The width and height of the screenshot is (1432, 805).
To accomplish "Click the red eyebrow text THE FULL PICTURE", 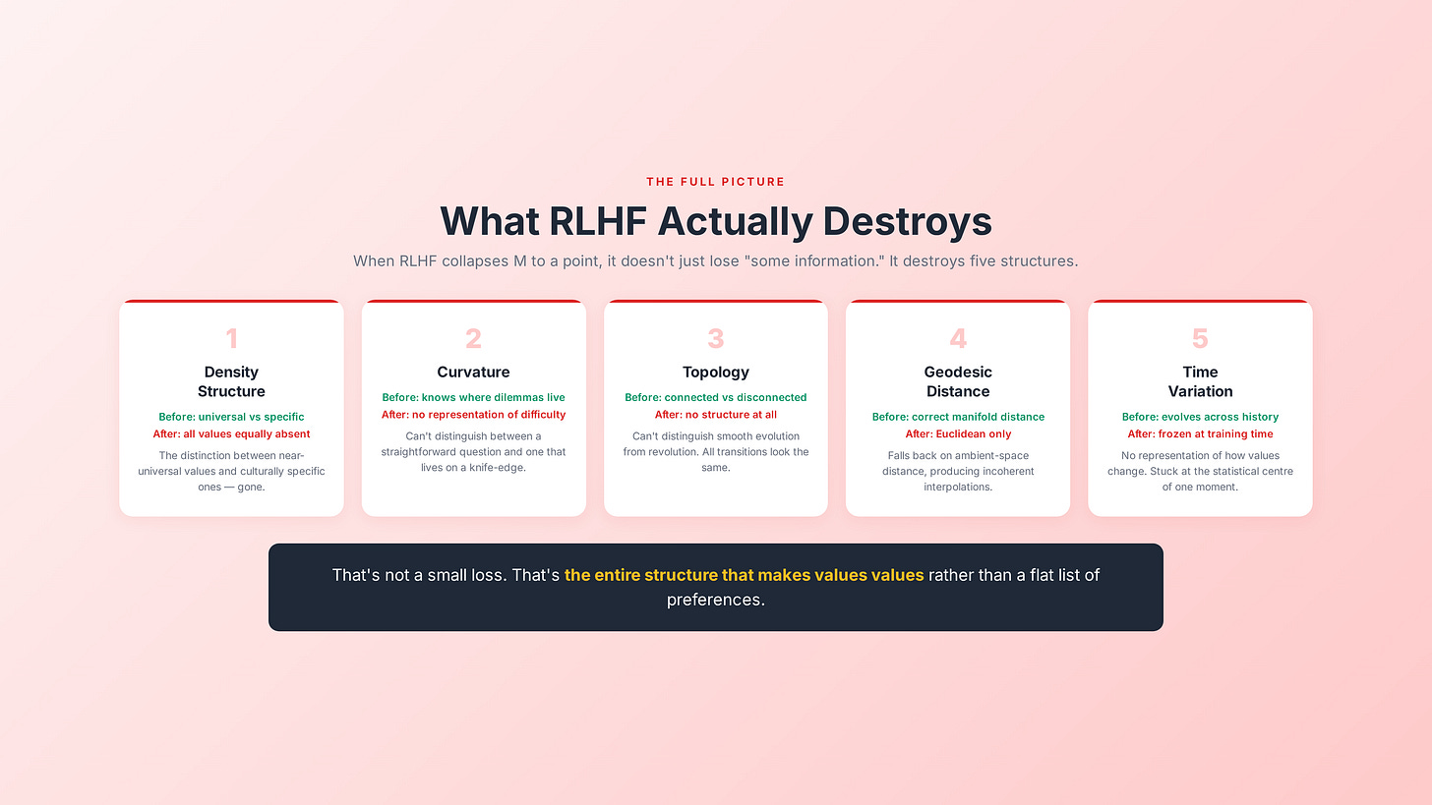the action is pyautogui.click(x=715, y=182).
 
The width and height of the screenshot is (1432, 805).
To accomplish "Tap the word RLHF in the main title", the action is pyautogui.click(x=597, y=221).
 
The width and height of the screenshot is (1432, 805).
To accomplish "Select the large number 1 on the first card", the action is pyautogui.click(x=231, y=339).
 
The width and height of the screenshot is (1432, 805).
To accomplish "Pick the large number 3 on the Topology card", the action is pyautogui.click(x=715, y=339).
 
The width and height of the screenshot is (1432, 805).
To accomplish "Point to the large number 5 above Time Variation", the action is pyautogui.click(x=1200, y=339).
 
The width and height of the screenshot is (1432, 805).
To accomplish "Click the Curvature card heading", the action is pyautogui.click(x=473, y=372).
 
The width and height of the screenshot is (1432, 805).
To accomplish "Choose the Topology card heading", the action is pyautogui.click(x=715, y=372).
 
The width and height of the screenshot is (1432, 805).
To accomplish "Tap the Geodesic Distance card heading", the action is pyautogui.click(x=958, y=381).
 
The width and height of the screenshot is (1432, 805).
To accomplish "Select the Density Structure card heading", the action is pyautogui.click(x=231, y=381).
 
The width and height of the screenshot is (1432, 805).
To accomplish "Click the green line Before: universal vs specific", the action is pyautogui.click(x=231, y=417).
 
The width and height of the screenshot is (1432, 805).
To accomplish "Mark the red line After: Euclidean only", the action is pyautogui.click(x=958, y=433).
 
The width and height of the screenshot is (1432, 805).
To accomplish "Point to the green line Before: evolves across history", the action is pyautogui.click(x=1200, y=417).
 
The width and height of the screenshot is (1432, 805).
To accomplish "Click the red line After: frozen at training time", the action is pyautogui.click(x=1200, y=433).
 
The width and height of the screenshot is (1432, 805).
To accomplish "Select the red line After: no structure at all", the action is pyautogui.click(x=715, y=414).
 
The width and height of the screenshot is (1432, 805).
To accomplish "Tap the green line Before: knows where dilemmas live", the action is pyautogui.click(x=473, y=397).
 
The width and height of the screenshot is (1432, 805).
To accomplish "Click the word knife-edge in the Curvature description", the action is pyautogui.click(x=500, y=467).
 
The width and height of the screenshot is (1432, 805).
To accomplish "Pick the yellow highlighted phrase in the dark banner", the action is pyautogui.click(x=744, y=574).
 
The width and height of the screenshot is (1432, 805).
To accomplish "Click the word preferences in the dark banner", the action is pyautogui.click(x=715, y=599).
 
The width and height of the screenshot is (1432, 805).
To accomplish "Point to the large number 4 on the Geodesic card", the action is pyautogui.click(x=958, y=339).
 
